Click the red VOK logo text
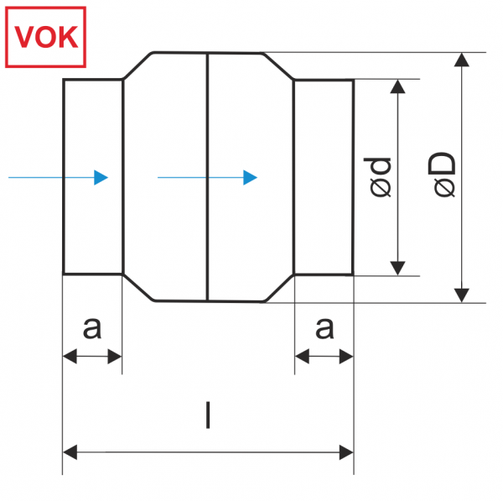point(46,37)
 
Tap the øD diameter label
point(442,175)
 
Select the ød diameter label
point(377,177)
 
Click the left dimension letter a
point(92,328)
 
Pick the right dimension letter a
point(324,328)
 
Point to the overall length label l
point(208,415)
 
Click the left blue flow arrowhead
point(101,178)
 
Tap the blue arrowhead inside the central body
point(250,178)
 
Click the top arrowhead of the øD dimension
point(462,60)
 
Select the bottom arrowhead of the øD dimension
point(462,295)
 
